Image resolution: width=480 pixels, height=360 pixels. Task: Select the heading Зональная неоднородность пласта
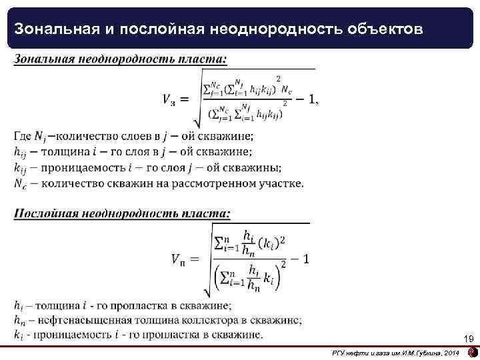click(120, 59)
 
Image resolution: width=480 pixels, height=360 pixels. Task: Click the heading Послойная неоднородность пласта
click(123, 214)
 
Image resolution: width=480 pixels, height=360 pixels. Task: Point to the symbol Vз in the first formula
click(169, 99)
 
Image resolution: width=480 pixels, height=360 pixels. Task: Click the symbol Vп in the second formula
click(183, 259)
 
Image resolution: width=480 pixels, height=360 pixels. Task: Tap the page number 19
click(468, 339)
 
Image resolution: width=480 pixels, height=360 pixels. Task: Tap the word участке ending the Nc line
click(281, 183)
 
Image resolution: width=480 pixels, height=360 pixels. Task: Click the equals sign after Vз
click(185, 99)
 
